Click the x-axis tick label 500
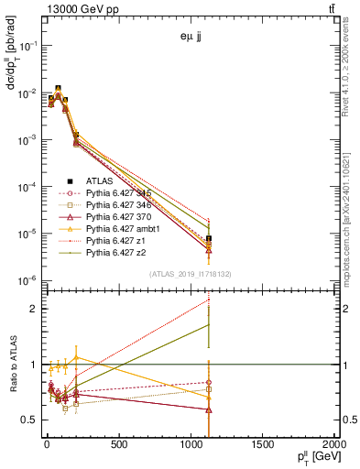[x=118, y=446]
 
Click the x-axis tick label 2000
[x=332, y=446]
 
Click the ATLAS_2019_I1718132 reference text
[x=191, y=274]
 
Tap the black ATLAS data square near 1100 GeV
[x=209, y=240]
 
